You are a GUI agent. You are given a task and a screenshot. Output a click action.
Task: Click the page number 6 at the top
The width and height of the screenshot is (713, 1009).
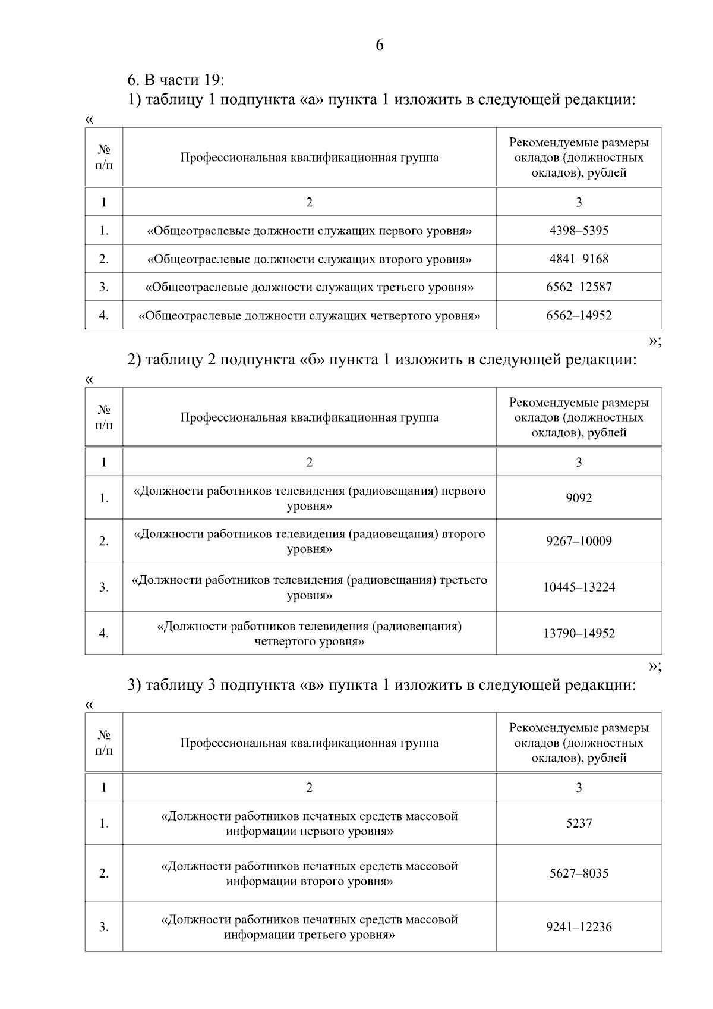click(x=380, y=45)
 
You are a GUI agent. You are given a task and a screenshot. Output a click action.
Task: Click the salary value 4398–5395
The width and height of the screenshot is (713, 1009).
click(x=579, y=231)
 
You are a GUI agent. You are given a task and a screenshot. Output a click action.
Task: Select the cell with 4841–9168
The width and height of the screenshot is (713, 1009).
click(x=579, y=259)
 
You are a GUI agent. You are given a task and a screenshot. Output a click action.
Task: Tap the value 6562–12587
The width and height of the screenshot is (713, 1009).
click(x=579, y=287)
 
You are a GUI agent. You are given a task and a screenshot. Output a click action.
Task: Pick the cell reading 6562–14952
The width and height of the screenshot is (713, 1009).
click(x=579, y=316)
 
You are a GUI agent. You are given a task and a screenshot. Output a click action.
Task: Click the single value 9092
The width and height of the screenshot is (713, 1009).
click(x=579, y=498)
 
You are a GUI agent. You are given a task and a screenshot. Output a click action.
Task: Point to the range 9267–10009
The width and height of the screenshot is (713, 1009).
click(x=579, y=542)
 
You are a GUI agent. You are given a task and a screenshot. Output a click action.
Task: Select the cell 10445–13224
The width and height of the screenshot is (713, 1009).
click(x=579, y=587)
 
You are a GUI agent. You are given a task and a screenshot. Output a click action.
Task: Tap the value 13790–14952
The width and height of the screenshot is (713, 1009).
click(x=579, y=634)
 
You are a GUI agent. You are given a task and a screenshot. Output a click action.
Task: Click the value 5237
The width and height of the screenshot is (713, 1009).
click(x=579, y=823)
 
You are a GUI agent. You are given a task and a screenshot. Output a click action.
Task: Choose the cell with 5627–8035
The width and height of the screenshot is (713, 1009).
click(x=579, y=873)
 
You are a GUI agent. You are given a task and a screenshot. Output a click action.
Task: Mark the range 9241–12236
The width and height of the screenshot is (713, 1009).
click(x=579, y=927)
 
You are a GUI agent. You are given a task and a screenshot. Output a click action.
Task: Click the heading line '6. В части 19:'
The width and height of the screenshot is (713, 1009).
click(x=176, y=79)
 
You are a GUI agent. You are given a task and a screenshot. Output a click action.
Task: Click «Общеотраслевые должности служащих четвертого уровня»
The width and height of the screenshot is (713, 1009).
click(x=309, y=316)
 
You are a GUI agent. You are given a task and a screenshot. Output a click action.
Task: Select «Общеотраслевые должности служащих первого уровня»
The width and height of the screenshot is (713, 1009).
click(x=309, y=231)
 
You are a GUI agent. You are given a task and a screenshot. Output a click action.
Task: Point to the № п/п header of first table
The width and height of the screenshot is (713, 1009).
click(x=104, y=158)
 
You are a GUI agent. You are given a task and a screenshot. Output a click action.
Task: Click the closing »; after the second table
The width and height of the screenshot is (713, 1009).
click(x=654, y=667)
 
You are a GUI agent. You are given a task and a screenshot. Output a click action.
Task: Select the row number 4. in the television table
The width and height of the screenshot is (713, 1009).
click(x=104, y=634)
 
